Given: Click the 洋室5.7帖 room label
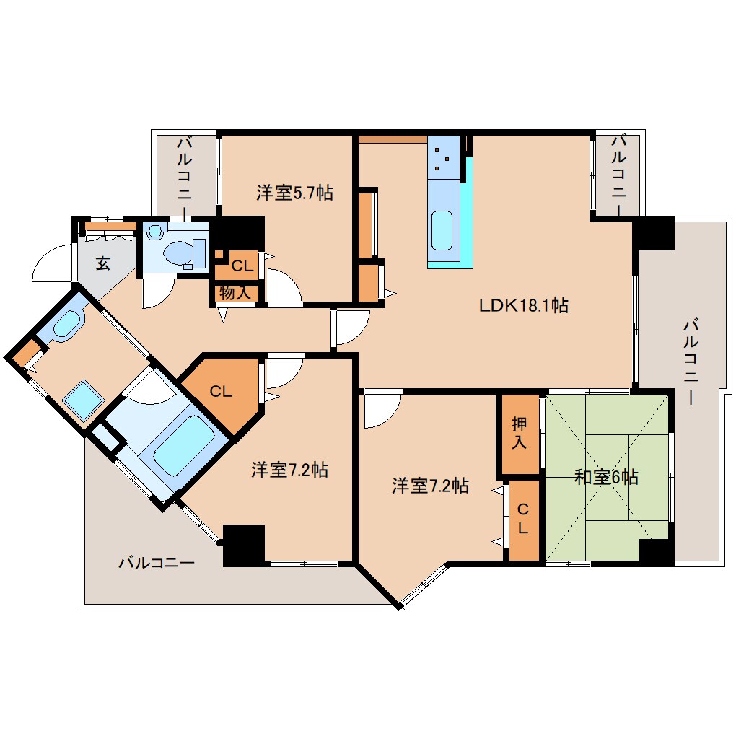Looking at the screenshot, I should coord(294,193).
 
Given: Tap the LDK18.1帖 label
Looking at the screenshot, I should coord(524,305).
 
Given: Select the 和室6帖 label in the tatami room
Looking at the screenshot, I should coord(606,477).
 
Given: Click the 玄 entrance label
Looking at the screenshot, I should coord(103,263).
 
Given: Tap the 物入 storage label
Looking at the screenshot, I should coord(235,293).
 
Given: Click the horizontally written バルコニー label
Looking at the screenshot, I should coord(157,562).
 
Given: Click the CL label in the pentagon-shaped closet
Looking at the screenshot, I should coord(220,392).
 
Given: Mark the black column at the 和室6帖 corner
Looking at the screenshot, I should coord(656,552).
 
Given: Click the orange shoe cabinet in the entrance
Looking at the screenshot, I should coord(110,227).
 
